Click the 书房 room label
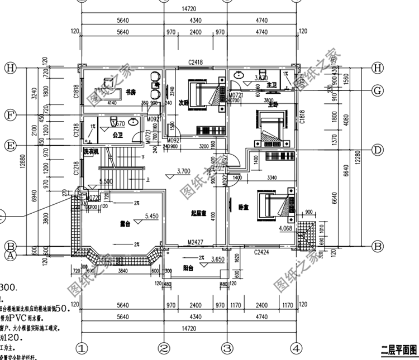coord(131,92)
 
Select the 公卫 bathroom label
coord(117,135)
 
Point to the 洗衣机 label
coord(91,151)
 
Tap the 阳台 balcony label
coord(189,267)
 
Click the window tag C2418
coord(196,61)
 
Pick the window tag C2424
coord(261,252)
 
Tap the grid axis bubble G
coord(378,90)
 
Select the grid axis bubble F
coord(9,115)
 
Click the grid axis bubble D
coord(378,150)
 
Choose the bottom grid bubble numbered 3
coord(227,349)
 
